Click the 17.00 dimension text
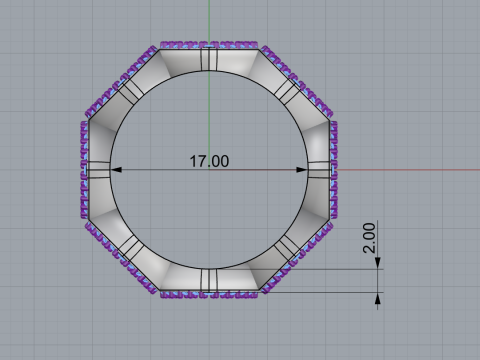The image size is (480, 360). click(209, 160)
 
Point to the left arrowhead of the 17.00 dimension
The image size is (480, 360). click(113, 169)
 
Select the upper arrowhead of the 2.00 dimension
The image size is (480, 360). click(379, 265)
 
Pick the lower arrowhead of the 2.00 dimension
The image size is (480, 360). click(379, 297)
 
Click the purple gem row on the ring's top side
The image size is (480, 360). click(210, 45)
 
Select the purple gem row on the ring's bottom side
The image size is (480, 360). click(210, 295)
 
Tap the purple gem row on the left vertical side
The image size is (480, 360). click(84, 170)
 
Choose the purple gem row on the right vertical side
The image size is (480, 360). click(334, 170)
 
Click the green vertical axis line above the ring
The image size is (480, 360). click(209, 20)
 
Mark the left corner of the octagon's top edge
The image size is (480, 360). click(160, 48)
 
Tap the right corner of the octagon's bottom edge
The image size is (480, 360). click(262, 292)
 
